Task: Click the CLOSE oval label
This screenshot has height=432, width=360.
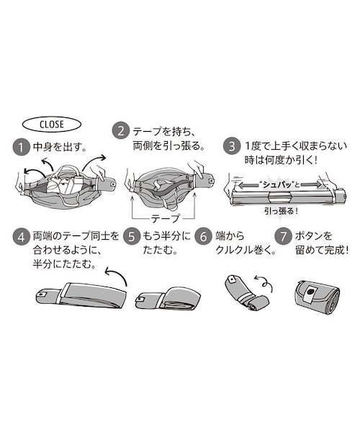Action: click(52, 125)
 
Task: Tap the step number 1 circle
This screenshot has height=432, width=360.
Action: click(21, 147)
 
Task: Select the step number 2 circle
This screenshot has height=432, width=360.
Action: click(121, 131)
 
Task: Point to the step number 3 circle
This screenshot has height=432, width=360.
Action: click(232, 146)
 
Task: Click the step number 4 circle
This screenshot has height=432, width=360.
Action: click(21, 237)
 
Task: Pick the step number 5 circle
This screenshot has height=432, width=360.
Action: click(132, 237)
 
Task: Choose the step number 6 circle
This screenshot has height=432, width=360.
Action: click(203, 237)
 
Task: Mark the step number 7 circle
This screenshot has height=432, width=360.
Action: click(284, 237)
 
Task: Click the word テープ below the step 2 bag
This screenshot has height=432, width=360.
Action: click(165, 219)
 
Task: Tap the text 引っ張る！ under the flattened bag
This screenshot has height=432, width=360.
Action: click(282, 211)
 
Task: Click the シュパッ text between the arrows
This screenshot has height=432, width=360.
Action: click(276, 184)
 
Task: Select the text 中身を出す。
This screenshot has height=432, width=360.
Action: click(60, 147)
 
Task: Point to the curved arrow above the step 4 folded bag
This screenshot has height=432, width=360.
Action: click(117, 276)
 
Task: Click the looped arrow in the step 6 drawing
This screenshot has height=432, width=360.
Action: click(264, 282)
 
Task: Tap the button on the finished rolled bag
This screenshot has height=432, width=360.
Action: click(311, 292)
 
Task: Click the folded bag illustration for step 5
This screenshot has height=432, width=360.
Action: click(168, 298)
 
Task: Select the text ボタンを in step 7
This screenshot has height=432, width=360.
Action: click(313, 236)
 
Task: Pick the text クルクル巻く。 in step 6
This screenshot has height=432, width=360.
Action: click(246, 250)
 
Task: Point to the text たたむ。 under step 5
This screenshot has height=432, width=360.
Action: click(160, 250)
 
